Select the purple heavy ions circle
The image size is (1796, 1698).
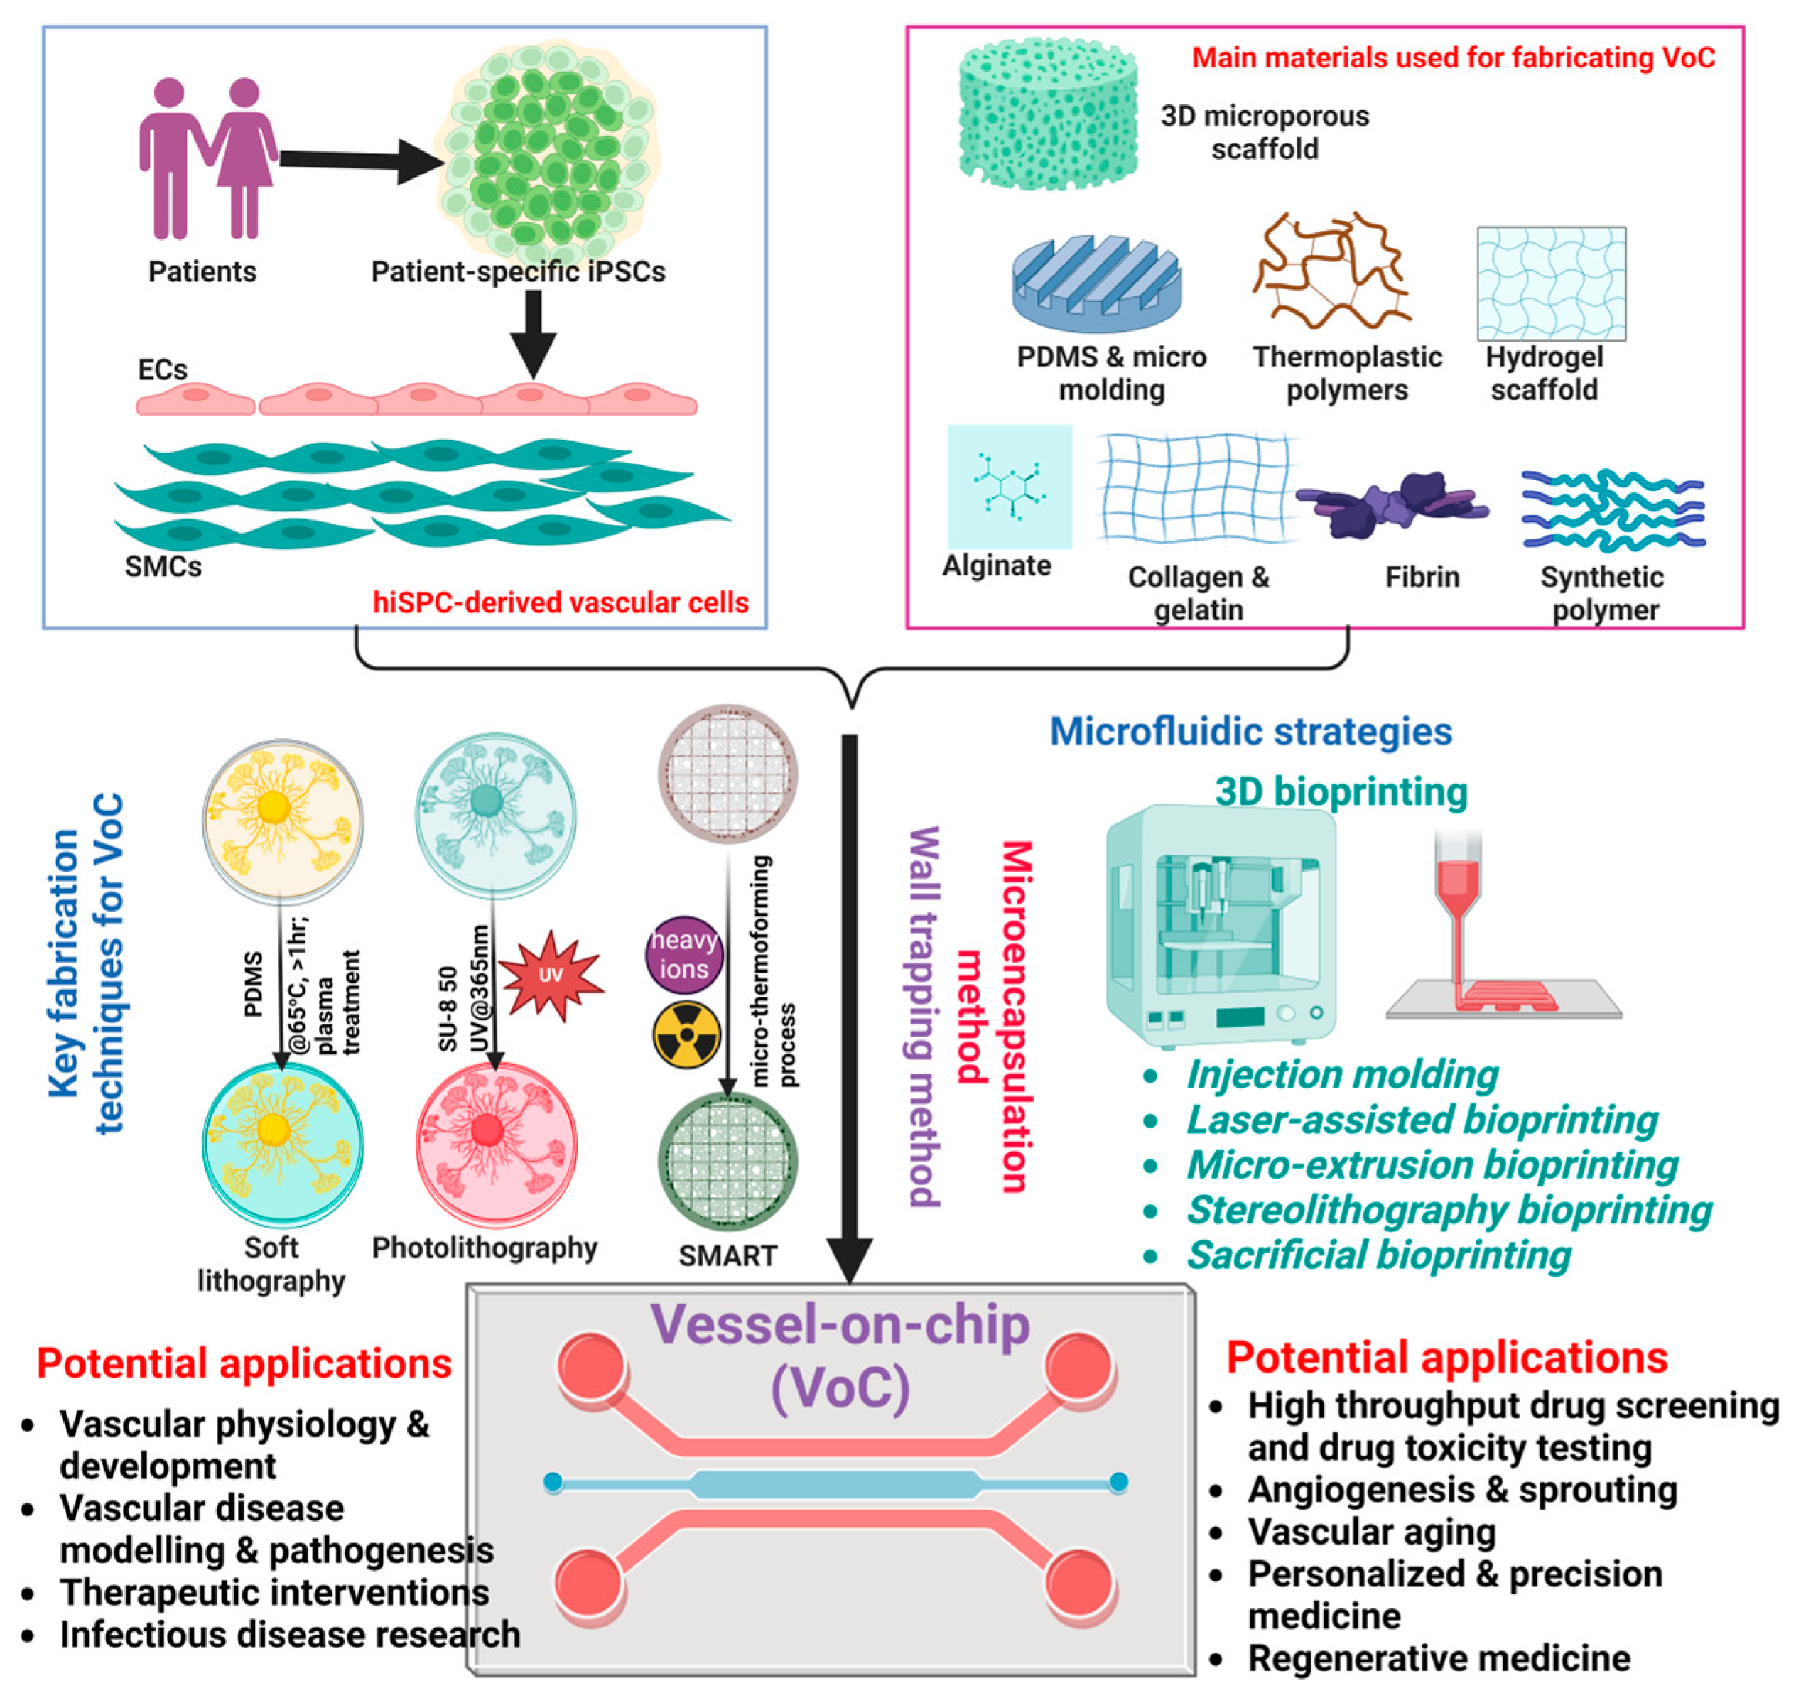683,954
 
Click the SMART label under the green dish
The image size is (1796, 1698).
727,1255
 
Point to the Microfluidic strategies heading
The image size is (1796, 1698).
1250,731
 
